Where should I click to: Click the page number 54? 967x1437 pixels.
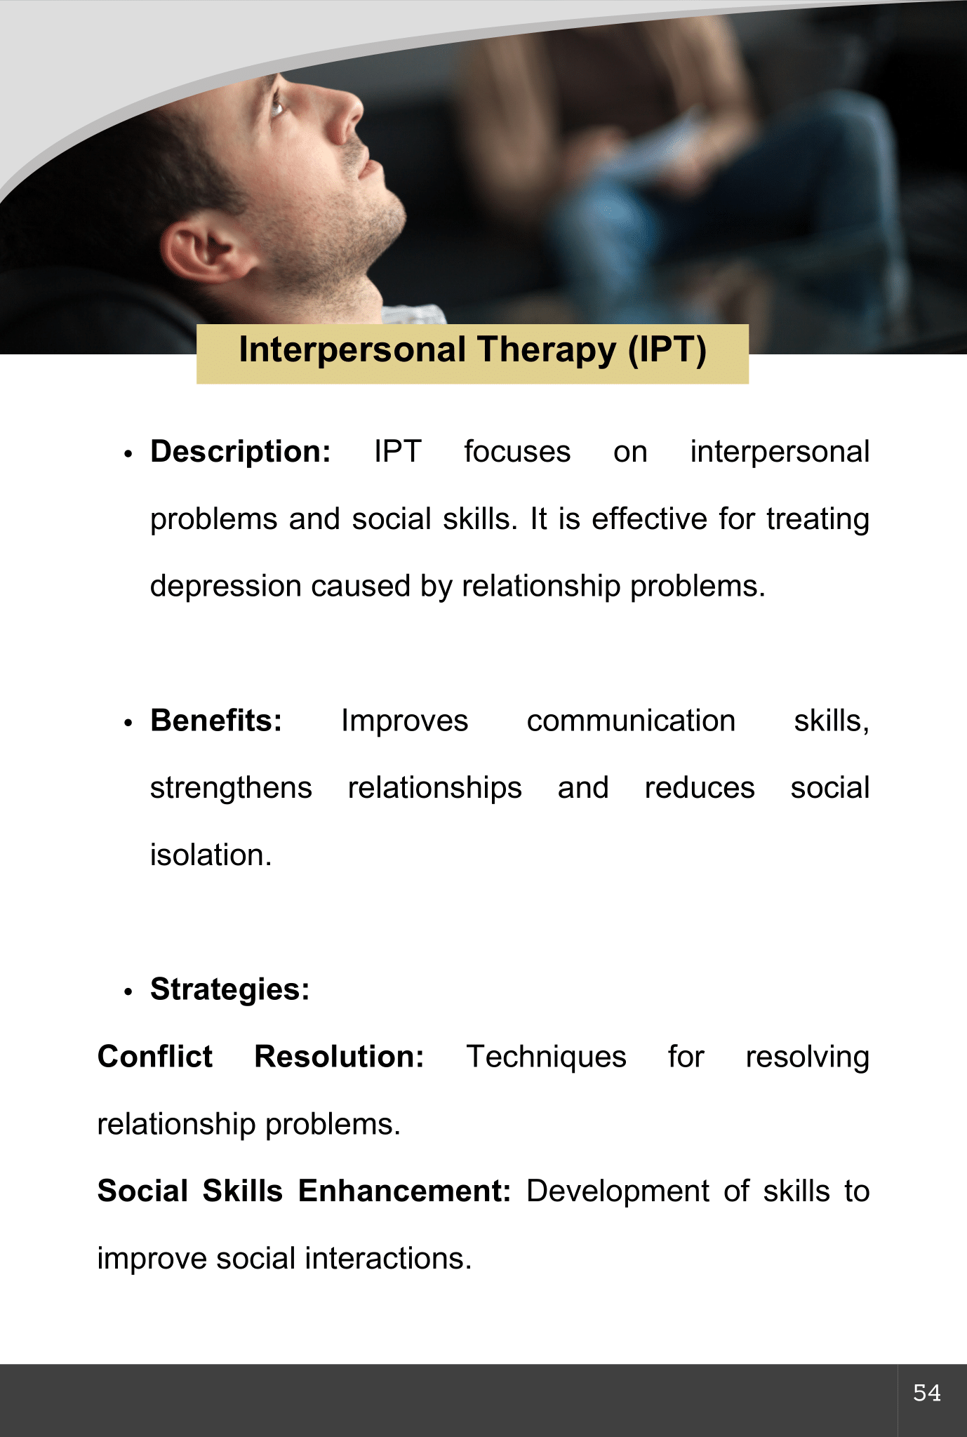click(x=927, y=1393)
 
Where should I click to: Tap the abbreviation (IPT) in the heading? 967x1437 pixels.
click(x=667, y=349)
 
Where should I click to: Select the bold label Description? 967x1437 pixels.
click(x=241, y=452)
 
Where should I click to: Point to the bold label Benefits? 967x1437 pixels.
click(x=216, y=721)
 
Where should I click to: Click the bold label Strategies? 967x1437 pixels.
click(x=230, y=990)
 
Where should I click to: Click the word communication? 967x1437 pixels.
click(x=631, y=721)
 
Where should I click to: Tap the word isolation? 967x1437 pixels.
click(x=211, y=855)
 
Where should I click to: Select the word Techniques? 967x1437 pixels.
click(x=546, y=1057)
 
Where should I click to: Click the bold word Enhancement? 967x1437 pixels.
click(x=404, y=1191)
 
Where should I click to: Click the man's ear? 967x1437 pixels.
click(x=199, y=252)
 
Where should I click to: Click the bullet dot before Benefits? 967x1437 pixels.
click(x=128, y=723)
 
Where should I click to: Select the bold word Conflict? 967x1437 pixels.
click(x=155, y=1057)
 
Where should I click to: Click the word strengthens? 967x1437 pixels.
click(x=231, y=788)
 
